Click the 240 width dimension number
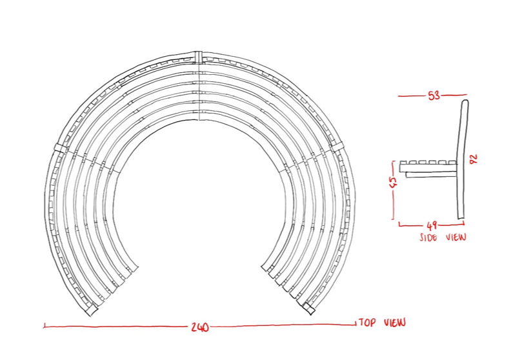[x=200, y=327]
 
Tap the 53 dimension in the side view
[x=434, y=95]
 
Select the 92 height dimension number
[x=474, y=159]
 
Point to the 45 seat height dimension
[x=394, y=182]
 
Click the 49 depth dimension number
[x=432, y=225]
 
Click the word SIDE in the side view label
[x=429, y=237]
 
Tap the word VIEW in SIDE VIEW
[x=456, y=237]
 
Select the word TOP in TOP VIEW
[x=368, y=323]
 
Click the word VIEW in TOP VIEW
[x=395, y=323]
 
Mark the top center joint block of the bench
[x=199, y=57]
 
